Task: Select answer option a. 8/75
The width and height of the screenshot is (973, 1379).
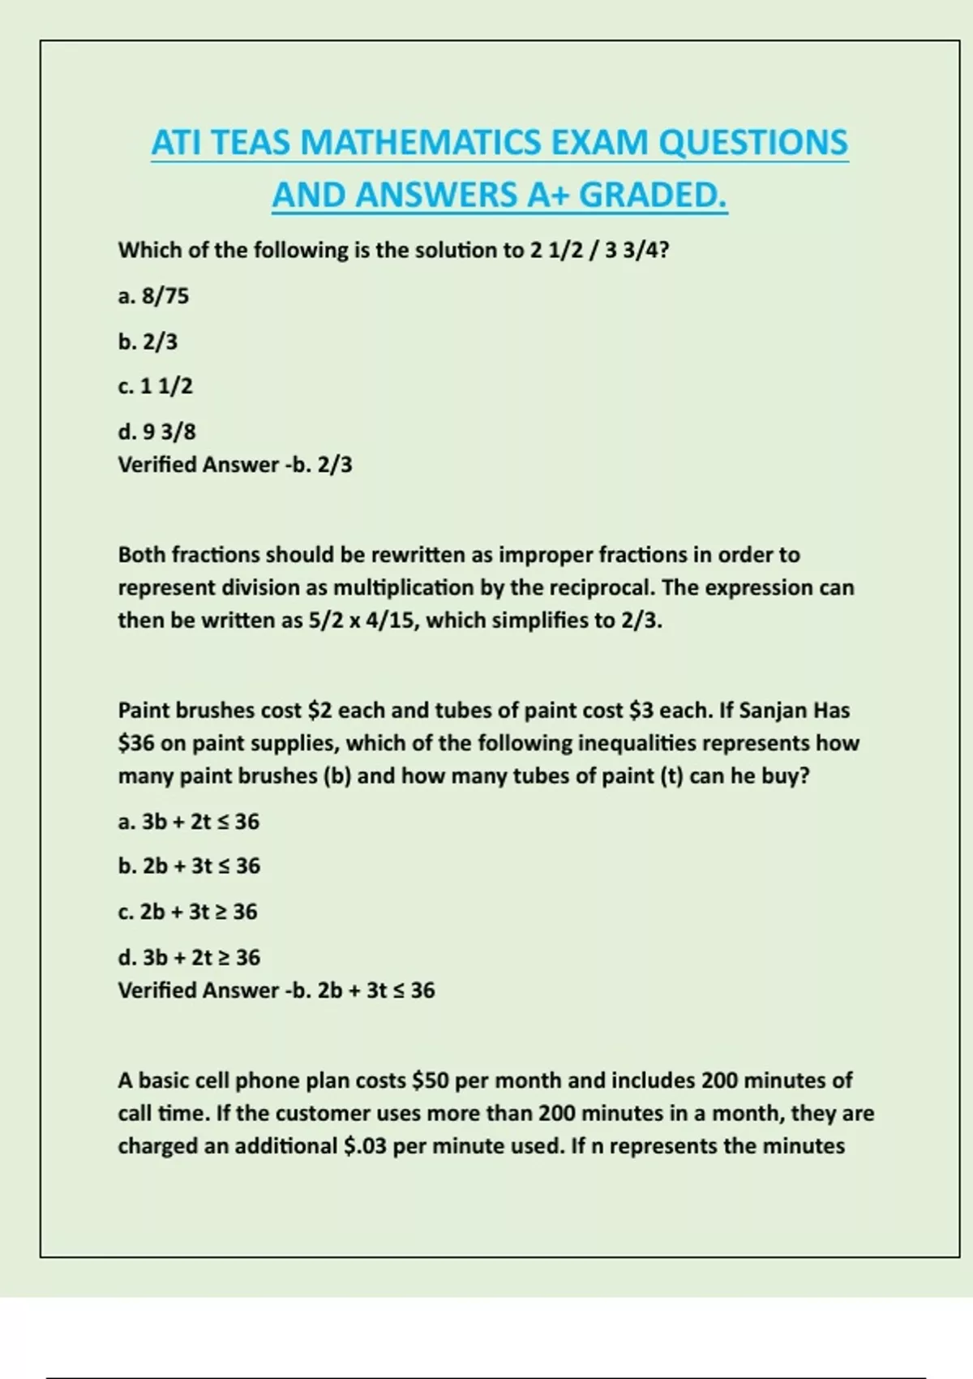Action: (x=153, y=296)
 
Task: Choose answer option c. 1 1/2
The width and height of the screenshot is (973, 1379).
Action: (x=155, y=386)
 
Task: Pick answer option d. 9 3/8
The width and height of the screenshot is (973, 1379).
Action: (x=156, y=432)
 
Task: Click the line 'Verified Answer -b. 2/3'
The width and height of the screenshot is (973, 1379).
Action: (x=235, y=465)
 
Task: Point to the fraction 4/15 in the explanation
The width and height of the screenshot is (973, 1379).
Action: (x=392, y=621)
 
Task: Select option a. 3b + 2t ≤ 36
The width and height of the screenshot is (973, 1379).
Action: (x=189, y=822)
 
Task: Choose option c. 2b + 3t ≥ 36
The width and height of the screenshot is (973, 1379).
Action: (x=187, y=912)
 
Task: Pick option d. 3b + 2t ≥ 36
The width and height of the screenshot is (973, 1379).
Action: (x=189, y=957)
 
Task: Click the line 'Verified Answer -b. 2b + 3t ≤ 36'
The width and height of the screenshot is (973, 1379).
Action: (x=276, y=990)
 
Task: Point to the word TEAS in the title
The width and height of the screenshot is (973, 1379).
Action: (x=253, y=143)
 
